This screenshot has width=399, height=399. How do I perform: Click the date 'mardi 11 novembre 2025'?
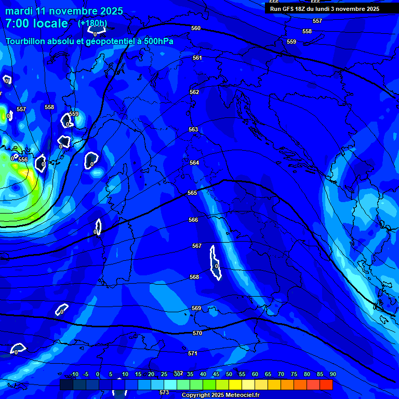[x=64, y=11]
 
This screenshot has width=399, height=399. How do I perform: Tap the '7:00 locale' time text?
[x=36, y=23]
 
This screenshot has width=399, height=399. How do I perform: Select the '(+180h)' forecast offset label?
[x=92, y=23]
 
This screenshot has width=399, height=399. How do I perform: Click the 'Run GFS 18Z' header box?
[x=324, y=9]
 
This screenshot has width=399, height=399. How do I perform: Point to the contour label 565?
[x=192, y=193]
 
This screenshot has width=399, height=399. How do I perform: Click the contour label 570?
[x=197, y=333]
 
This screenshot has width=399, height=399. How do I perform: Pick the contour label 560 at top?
[x=196, y=28]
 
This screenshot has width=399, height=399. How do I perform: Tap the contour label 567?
[x=197, y=246]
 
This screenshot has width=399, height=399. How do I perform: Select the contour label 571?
[x=193, y=353]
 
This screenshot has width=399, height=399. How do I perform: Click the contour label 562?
[x=194, y=92]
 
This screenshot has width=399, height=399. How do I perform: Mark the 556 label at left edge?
[x=23, y=159]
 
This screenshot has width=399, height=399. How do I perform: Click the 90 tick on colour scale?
[x=332, y=374]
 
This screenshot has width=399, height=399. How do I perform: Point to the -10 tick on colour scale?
[x=74, y=374]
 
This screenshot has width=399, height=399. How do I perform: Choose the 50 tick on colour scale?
[x=229, y=374]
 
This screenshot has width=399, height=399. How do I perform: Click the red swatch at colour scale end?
[x=326, y=384]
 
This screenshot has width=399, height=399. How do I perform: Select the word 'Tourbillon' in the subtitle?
[x=25, y=42]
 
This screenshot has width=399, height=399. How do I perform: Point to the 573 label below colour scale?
[x=164, y=392]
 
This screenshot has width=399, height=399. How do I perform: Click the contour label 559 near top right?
[x=291, y=42]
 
